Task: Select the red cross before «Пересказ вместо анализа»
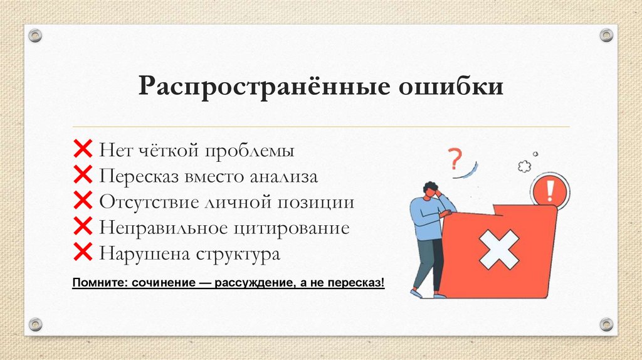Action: click(83, 176)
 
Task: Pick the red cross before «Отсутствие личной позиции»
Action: click(83, 202)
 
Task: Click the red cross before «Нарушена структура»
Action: click(83, 253)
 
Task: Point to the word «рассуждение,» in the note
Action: click(253, 283)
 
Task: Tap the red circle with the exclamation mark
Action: click(550, 189)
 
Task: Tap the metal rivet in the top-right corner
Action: click(606, 35)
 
